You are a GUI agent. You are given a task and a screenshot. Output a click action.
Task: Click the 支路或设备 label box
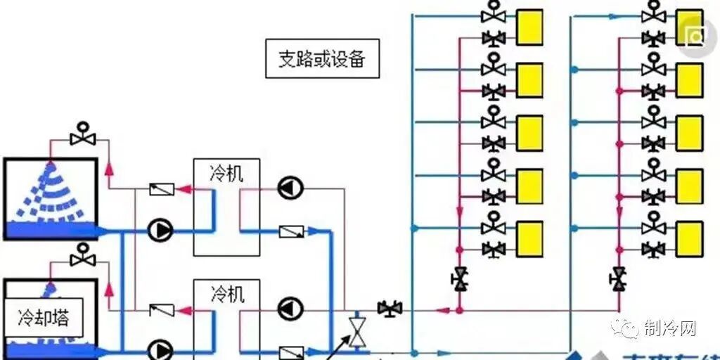(322, 59)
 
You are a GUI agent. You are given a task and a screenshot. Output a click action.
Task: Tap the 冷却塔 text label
(44, 318)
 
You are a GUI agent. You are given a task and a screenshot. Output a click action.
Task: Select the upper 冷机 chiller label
(226, 173)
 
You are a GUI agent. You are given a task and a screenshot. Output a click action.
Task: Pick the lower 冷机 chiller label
(226, 293)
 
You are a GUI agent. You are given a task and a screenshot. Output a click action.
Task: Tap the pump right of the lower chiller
(289, 308)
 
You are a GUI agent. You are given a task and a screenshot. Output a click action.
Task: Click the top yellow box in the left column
(529, 27)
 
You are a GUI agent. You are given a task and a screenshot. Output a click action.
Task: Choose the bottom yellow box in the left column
(529, 239)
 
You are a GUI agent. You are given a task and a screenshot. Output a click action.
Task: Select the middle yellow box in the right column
(690, 133)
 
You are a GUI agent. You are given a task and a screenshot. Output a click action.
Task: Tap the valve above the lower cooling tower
(84, 257)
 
